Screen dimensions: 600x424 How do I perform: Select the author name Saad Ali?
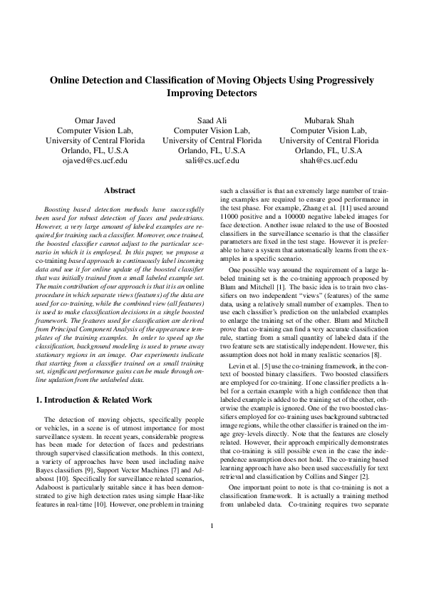coord(212,120)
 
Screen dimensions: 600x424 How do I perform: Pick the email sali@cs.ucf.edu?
coord(212,162)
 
